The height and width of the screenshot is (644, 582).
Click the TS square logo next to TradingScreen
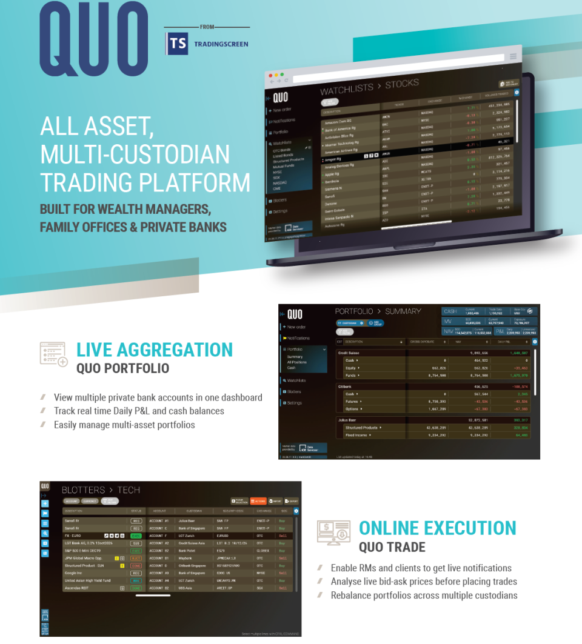point(178,44)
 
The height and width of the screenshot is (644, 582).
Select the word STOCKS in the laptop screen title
point(402,84)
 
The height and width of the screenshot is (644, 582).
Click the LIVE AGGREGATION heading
point(154,350)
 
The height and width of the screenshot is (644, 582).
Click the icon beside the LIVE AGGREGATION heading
point(53,354)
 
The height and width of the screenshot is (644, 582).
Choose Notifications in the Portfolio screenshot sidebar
point(298,338)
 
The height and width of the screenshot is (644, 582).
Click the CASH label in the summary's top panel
point(450,311)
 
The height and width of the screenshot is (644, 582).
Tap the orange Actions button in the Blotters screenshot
point(258,502)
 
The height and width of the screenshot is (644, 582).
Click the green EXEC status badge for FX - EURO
point(136,536)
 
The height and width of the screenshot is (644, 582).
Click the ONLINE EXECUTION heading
point(437,528)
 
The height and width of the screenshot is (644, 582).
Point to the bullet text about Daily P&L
point(139,411)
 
